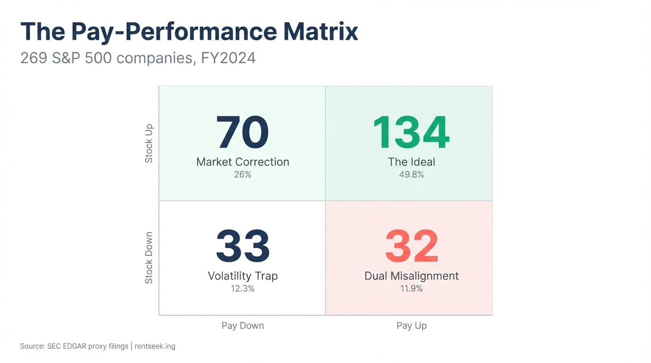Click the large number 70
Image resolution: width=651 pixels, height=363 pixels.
242,132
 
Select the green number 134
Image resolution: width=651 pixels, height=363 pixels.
411,132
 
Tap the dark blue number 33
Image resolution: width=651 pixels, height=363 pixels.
243,246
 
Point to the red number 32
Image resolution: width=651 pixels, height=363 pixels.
412,246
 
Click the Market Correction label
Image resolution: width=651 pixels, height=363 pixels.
243,162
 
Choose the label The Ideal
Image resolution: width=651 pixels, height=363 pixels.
412,162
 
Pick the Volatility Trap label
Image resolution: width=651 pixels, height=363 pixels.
243,276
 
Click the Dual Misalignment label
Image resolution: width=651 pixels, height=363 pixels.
412,276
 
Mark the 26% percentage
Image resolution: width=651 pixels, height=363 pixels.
243,174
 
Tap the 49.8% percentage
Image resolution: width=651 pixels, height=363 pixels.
412,174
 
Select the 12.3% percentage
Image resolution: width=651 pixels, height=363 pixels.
243,288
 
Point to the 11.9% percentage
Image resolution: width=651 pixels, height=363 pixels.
412,288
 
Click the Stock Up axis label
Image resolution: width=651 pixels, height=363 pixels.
149,143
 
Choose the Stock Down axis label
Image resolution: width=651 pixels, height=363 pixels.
149,258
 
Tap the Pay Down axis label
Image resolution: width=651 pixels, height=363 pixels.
243,326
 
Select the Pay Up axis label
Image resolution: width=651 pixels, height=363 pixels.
412,326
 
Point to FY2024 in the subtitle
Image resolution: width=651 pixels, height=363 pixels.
228,58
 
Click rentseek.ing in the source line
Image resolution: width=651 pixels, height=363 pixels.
155,346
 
